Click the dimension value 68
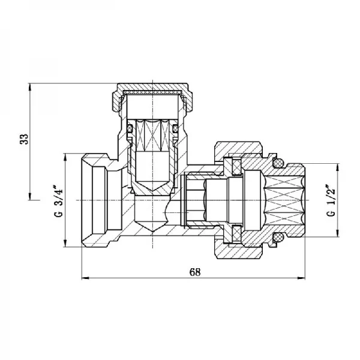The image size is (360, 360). coord(194,271)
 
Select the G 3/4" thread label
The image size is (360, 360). coord(58,200)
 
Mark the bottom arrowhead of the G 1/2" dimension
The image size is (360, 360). coord(337,237)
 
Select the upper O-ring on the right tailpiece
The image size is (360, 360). coord(277,163)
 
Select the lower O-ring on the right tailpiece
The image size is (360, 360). coord(277,239)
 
